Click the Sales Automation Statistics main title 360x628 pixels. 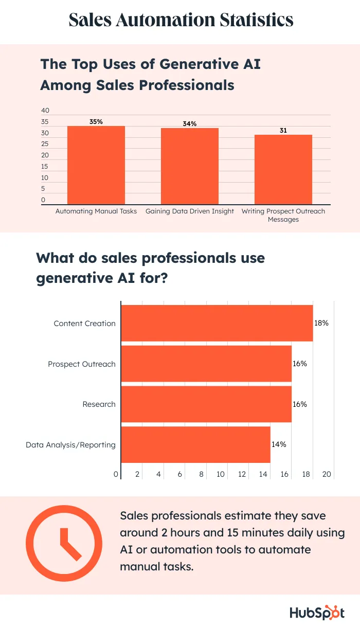click(181, 20)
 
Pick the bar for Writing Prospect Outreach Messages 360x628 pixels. click(283, 170)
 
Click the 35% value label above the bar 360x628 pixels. click(96, 122)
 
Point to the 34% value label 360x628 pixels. click(190, 124)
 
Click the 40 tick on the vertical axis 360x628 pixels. click(45, 111)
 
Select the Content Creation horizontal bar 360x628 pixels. click(217, 323)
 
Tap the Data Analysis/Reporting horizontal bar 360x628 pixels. click(195, 444)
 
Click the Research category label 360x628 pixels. click(99, 404)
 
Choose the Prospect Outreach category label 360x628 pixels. click(82, 364)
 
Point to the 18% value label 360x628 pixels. click(321, 323)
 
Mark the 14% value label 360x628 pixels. click(279, 444)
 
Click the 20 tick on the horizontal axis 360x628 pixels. click(327, 474)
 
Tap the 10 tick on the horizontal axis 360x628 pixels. click(221, 474)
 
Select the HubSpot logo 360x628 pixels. click(317, 613)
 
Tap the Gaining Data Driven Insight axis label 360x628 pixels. click(190, 211)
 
